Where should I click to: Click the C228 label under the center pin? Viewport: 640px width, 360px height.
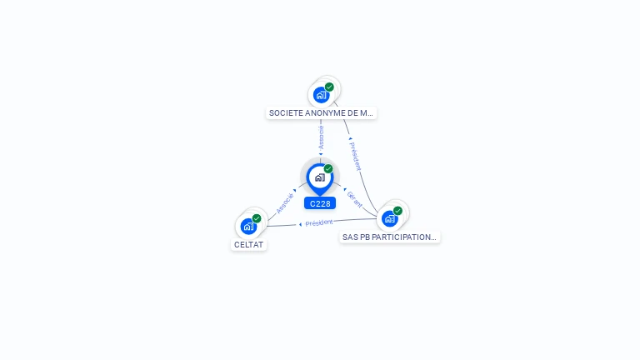pyautogui.click(x=320, y=203)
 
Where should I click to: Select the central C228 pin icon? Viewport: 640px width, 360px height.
pyautogui.click(x=319, y=177)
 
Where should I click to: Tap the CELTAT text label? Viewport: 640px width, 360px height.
pyautogui.click(x=248, y=245)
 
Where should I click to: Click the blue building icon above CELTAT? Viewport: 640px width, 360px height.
pyautogui.click(x=248, y=226)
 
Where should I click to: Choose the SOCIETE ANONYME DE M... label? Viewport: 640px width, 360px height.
pyautogui.click(x=321, y=112)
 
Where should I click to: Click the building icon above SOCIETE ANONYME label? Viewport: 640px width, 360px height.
pyautogui.click(x=322, y=95)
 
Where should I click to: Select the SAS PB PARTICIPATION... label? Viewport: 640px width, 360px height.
pyautogui.click(x=389, y=237)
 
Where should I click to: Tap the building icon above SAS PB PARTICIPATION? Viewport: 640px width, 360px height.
pyautogui.click(x=390, y=219)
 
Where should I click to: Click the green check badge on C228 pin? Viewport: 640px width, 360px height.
pyautogui.click(x=328, y=169)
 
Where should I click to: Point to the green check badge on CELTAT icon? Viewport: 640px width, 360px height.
pyautogui.click(x=257, y=218)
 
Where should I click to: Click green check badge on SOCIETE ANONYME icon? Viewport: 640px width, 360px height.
pyautogui.click(x=329, y=87)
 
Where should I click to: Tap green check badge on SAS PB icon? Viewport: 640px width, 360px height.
pyautogui.click(x=397, y=211)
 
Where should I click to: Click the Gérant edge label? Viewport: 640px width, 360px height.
pyautogui.click(x=354, y=199)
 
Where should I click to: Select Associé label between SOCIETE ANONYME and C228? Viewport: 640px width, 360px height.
pyautogui.click(x=321, y=137)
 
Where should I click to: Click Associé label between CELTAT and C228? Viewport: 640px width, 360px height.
pyautogui.click(x=285, y=202)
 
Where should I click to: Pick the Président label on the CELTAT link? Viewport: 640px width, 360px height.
pyautogui.click(x=318, y=222)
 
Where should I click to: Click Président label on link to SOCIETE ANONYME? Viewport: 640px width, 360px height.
pyautogui.click(x=356, y=156)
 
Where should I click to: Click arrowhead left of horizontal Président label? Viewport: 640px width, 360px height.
pyautogui.click(x=300, y=224)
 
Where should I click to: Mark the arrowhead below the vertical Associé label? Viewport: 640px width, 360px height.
pyautogui.click(x=321, y=153)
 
